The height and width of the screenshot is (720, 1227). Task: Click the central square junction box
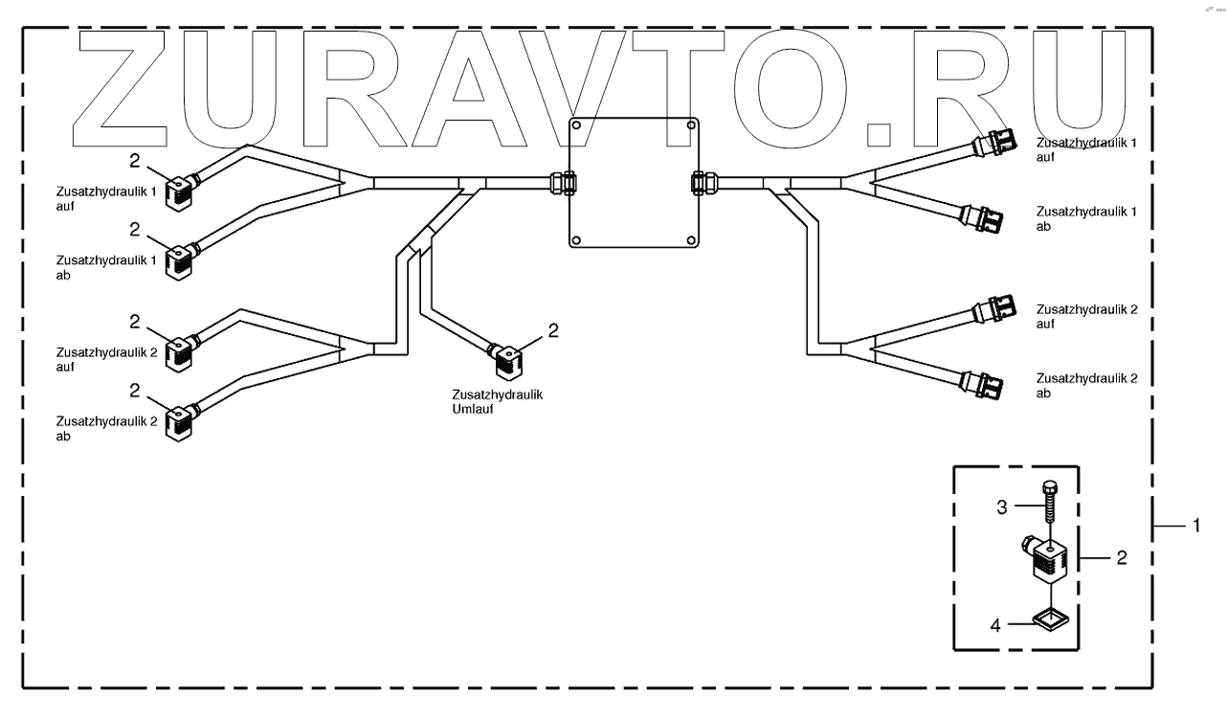click(634, 182)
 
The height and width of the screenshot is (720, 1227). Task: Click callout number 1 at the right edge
click(1195, 526)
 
